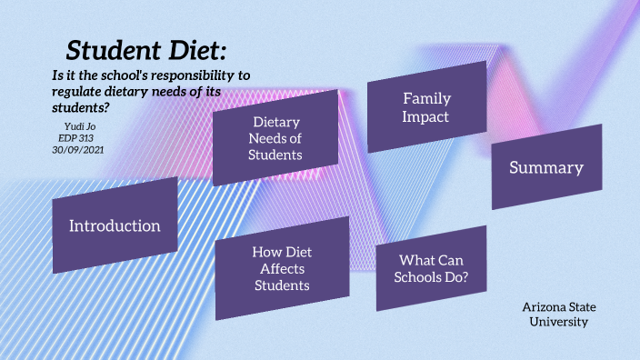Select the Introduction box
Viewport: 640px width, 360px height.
click(115, 225)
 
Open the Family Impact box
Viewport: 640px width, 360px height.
click(426, 107)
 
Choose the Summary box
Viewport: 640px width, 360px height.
click(545, 167)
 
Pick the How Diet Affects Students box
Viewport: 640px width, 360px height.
click(282, 268)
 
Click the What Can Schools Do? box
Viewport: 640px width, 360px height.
click(431, 269)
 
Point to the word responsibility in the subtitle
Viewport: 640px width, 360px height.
click(201, 75)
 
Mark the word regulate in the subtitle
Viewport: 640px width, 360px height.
click(82, 92)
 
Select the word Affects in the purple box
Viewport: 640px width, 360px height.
click(282, 268)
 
